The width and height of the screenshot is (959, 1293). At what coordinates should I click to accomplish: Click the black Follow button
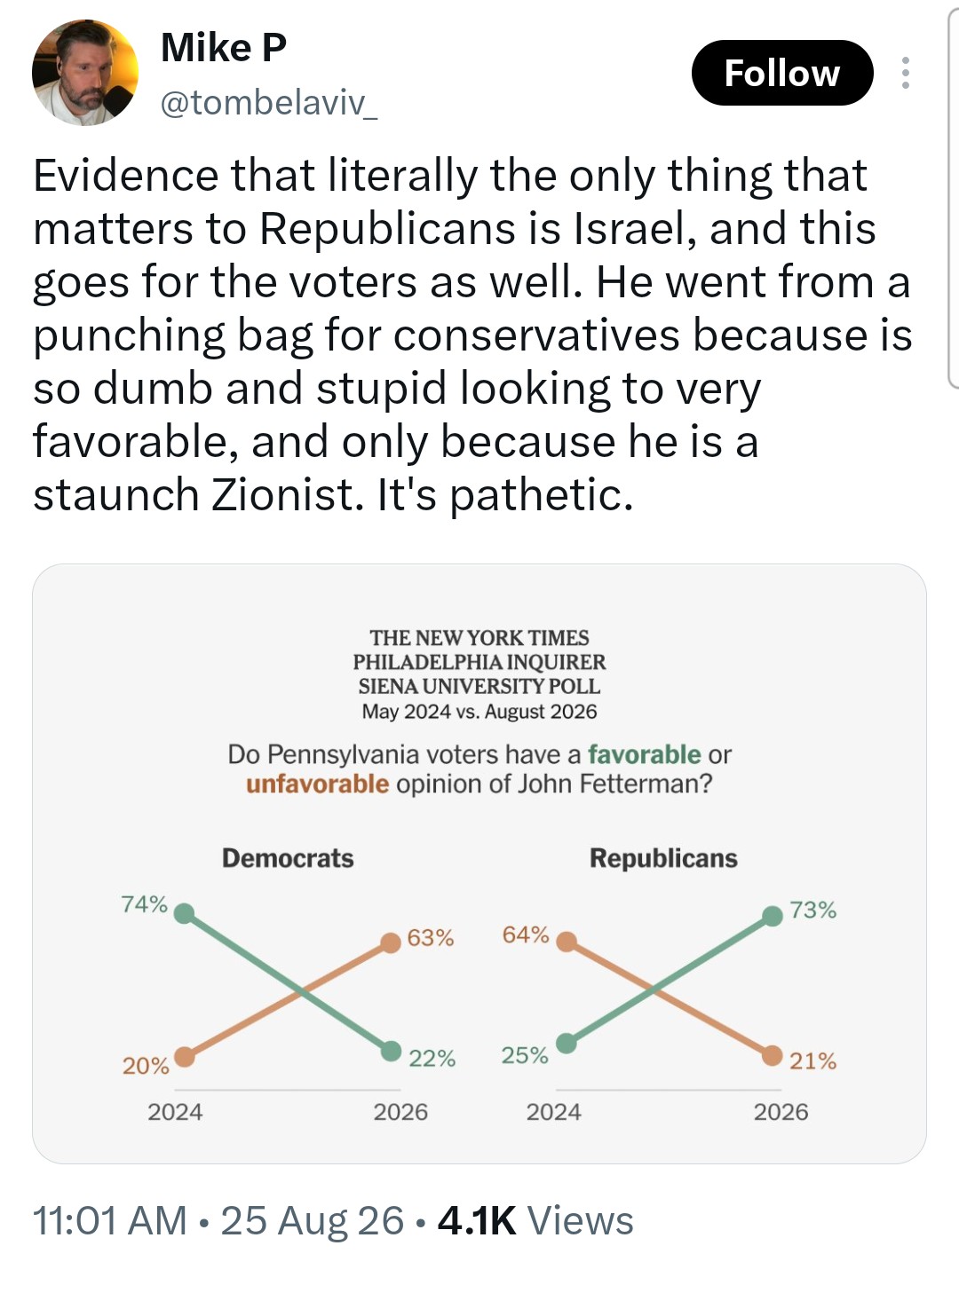(781, 73)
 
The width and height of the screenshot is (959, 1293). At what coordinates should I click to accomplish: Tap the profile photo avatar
(85, 73)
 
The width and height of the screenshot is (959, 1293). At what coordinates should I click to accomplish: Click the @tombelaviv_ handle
(269, 105)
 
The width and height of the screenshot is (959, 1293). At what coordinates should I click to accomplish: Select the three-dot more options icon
(906, 73)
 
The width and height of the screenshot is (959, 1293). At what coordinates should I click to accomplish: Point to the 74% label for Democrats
(144, 904)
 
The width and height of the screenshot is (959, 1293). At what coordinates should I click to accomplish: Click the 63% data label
(431, 938)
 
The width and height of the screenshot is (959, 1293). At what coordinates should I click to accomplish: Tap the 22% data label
(432, 1058)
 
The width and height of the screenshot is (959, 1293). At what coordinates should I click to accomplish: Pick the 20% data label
(146, 1066)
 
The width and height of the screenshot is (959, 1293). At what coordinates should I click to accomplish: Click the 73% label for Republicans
(813, 910)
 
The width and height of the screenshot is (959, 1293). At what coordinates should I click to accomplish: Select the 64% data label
(526, 935)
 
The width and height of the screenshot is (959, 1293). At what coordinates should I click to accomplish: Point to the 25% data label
(525, 1056)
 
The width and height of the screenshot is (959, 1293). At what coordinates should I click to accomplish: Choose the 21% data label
(813, 1061)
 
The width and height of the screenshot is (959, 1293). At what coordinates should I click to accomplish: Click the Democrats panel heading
(288, 858)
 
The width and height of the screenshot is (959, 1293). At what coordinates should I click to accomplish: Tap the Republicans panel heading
(663, 858)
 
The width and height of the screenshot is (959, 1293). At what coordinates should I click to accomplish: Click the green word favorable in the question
(644, 754)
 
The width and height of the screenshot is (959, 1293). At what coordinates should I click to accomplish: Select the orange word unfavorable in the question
(317, 784)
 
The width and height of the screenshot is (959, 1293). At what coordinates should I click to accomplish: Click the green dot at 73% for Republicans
(773, 916)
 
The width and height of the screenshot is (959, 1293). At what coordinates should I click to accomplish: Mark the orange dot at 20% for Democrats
(185, 1056)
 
